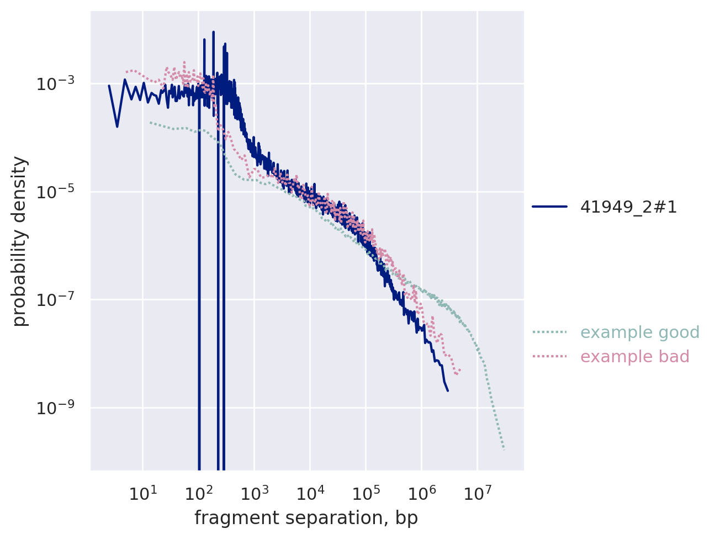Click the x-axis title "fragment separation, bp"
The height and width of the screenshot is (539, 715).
pyautogui.click(x=306, y=518)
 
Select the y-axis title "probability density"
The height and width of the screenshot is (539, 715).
pyautogui.click(x=20, y=241)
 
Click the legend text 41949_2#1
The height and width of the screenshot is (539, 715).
pyautogui.click(x=628, y=207)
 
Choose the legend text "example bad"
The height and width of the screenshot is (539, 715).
pyautogui.click(x=635, y=357)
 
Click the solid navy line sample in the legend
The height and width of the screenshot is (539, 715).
pyautogui.click(x=550, y=207)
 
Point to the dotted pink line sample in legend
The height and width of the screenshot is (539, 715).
pyautogui.click(x=550, y=357)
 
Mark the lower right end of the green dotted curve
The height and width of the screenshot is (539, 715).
pyautogui.click(x=504, y=450)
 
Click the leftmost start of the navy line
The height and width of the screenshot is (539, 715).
pyautogui.click(x=109, y=86)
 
